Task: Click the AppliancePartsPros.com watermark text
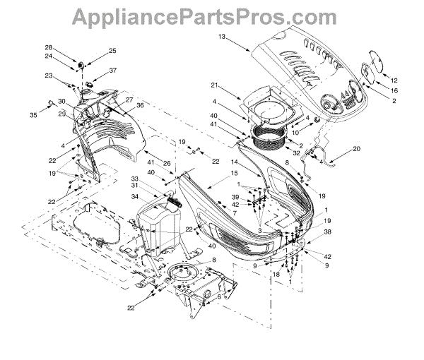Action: pos(212,16)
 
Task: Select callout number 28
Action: pos(69,47)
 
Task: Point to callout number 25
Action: pos(112,51)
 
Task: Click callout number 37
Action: pos(112,71)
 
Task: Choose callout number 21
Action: pos(214,85)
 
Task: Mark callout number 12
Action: pos(394,79)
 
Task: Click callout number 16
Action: pos(394,90)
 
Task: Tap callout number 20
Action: pos(355,149)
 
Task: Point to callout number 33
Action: pos(134,179)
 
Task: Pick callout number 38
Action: pos(327,232)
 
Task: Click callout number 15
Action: pos(234,174)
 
